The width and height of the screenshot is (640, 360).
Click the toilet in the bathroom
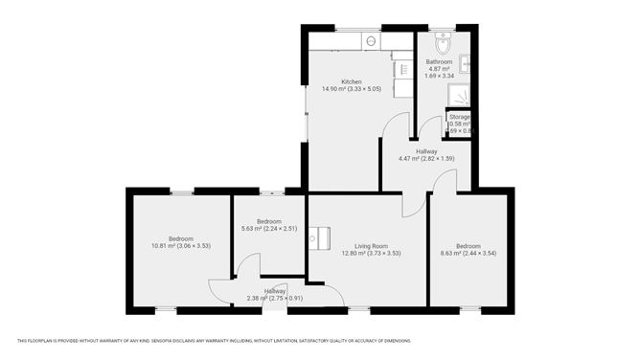(x=443, y=44)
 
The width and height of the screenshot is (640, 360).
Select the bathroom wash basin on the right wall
(x=465, y=64)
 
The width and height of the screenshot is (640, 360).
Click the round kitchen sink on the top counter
(x=371, y=41)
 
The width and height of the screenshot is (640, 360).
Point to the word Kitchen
(x=351, y=81)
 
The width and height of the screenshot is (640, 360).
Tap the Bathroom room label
(x=439, y=61)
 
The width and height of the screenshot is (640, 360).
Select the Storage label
(x=460, y=117)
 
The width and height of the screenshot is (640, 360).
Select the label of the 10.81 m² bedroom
(x=181, y=238)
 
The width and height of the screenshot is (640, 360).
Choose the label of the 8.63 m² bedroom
(x=469, y=245)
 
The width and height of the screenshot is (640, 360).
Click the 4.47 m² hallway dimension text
(x=426, y=159)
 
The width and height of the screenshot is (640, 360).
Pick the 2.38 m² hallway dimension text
(x=274, y=298)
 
